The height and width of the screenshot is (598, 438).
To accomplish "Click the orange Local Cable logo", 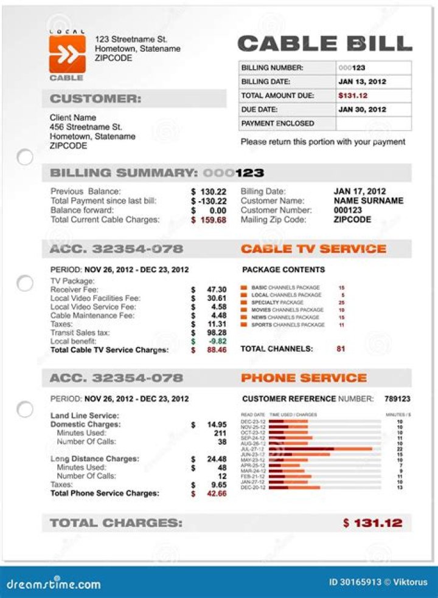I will click(67, 54).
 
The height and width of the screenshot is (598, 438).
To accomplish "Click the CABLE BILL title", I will click(324, 44).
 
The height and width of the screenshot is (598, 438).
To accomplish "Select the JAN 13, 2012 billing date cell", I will click(362, 81).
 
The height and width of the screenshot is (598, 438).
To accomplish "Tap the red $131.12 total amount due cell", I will click(353, 95).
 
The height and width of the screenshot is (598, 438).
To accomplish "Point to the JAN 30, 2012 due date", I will click(362, 109).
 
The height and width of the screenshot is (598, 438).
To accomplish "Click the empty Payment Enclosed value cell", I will click(373, 123).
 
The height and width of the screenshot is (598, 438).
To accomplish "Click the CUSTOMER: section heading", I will click(96, 99).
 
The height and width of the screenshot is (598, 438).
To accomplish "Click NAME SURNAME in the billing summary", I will click(368, 201).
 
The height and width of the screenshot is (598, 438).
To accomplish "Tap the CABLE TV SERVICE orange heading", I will click(313, 249).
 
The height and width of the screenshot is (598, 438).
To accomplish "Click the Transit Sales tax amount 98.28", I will click(217, 333).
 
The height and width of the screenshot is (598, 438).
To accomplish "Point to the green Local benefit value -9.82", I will click(217, 342).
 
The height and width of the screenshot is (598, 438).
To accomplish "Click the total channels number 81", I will click(341, 349).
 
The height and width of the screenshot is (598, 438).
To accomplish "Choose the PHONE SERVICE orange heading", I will click(304, 378).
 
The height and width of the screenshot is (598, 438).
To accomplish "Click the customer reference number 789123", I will click(397, 399).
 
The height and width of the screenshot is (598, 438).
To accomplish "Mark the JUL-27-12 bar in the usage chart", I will click(321, 449).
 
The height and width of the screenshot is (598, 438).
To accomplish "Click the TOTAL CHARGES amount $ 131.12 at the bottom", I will click(372, 523).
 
